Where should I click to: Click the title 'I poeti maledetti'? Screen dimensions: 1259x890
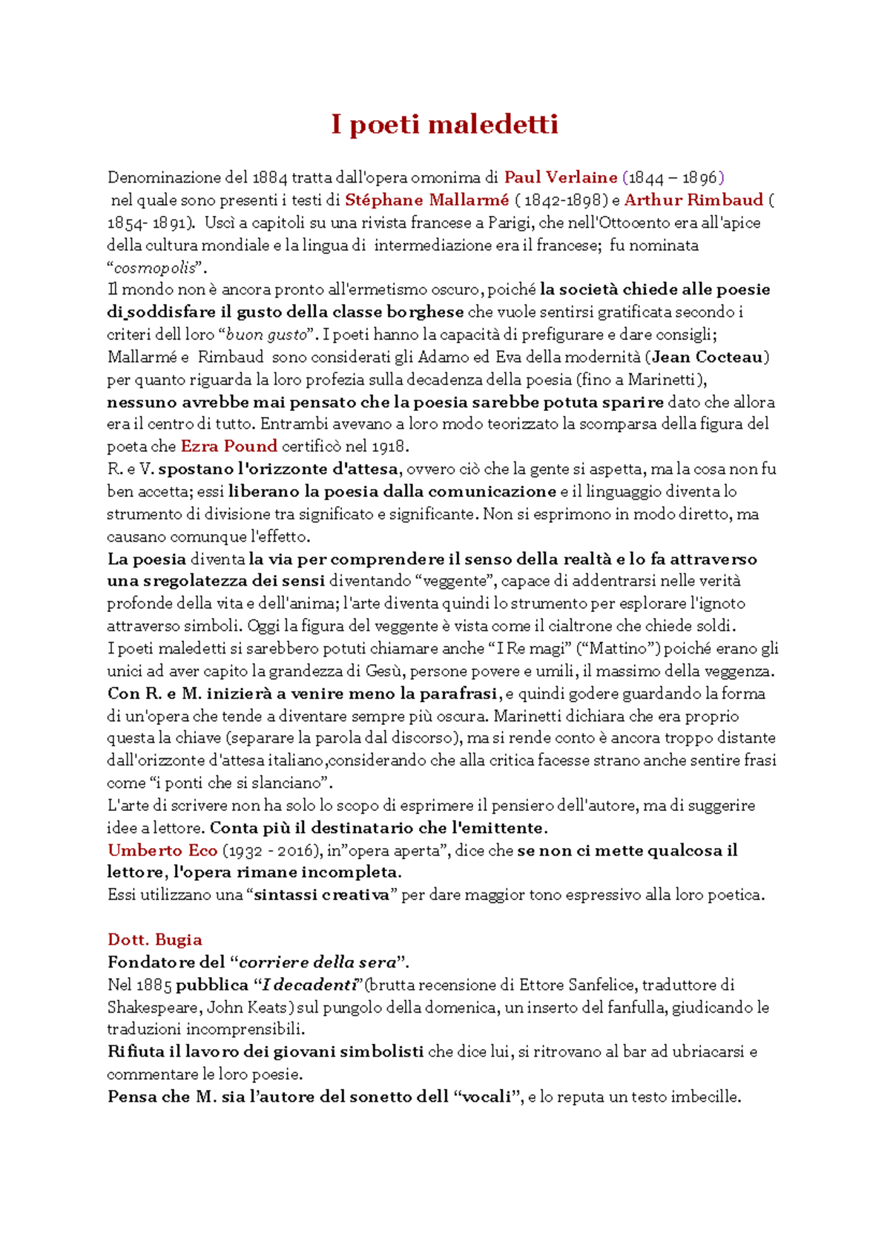(x=444, y=124)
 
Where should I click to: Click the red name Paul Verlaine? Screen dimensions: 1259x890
(x=561, y=177)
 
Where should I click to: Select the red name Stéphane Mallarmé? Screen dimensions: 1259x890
(x=427, y=200)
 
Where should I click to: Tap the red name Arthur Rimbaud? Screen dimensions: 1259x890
(x=693, y=200)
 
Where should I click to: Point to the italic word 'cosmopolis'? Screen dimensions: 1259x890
(x=155, y=267)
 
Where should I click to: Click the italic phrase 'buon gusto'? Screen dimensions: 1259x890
(x=266, y=335)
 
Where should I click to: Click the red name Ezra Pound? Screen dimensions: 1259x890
(x=229, y=446)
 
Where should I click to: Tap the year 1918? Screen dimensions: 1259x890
(x=391, y=447)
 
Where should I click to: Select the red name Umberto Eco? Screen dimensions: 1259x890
(x=162, y=850)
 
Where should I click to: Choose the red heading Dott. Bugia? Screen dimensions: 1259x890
(x=155, y=939)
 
